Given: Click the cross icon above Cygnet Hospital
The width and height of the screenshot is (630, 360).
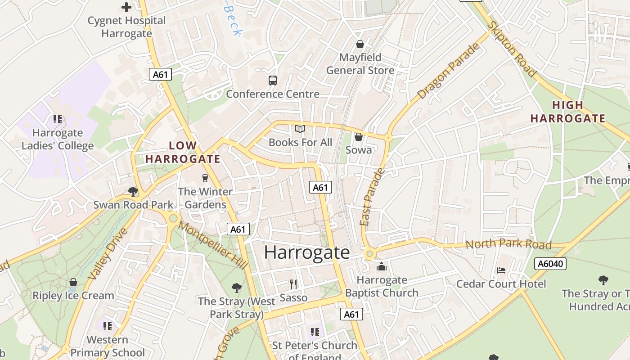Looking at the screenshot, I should (x=127, y=7).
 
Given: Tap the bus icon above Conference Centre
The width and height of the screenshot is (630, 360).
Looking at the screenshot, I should (x=273, y=81).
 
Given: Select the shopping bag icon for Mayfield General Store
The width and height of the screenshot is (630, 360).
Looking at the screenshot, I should (x=360, y=44).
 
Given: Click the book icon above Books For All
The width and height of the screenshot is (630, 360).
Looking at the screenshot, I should (x=300, y=129).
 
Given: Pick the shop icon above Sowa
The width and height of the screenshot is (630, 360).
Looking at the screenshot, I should (x=359, y=136).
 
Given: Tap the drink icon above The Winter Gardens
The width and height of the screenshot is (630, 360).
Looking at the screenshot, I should (x=205, y=178).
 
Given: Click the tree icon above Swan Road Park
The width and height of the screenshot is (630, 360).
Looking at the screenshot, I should (x=133, y=192).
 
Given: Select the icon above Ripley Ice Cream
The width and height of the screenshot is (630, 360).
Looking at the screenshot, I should (x=73, y=282).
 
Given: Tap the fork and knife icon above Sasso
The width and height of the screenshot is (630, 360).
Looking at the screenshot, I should (x=293, y=284).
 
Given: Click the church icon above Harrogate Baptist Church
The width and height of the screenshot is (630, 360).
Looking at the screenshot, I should (x=382, y=266).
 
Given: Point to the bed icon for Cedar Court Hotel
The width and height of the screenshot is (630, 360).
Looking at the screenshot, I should (x=501, y=270).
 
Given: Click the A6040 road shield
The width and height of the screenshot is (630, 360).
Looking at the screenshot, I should (x=550, y=264).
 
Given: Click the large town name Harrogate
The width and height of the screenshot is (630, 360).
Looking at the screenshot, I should (x=306, y=252).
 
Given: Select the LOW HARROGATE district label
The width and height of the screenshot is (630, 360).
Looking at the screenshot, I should (x=183, y=152).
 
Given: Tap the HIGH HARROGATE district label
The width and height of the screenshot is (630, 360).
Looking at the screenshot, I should (x=567, y=112).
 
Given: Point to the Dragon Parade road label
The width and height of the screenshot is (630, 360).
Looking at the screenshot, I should (x=448, y=71).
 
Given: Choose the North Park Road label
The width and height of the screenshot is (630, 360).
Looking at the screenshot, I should (x=508, y=244).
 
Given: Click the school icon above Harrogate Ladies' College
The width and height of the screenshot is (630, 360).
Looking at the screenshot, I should (x=58, y=119).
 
